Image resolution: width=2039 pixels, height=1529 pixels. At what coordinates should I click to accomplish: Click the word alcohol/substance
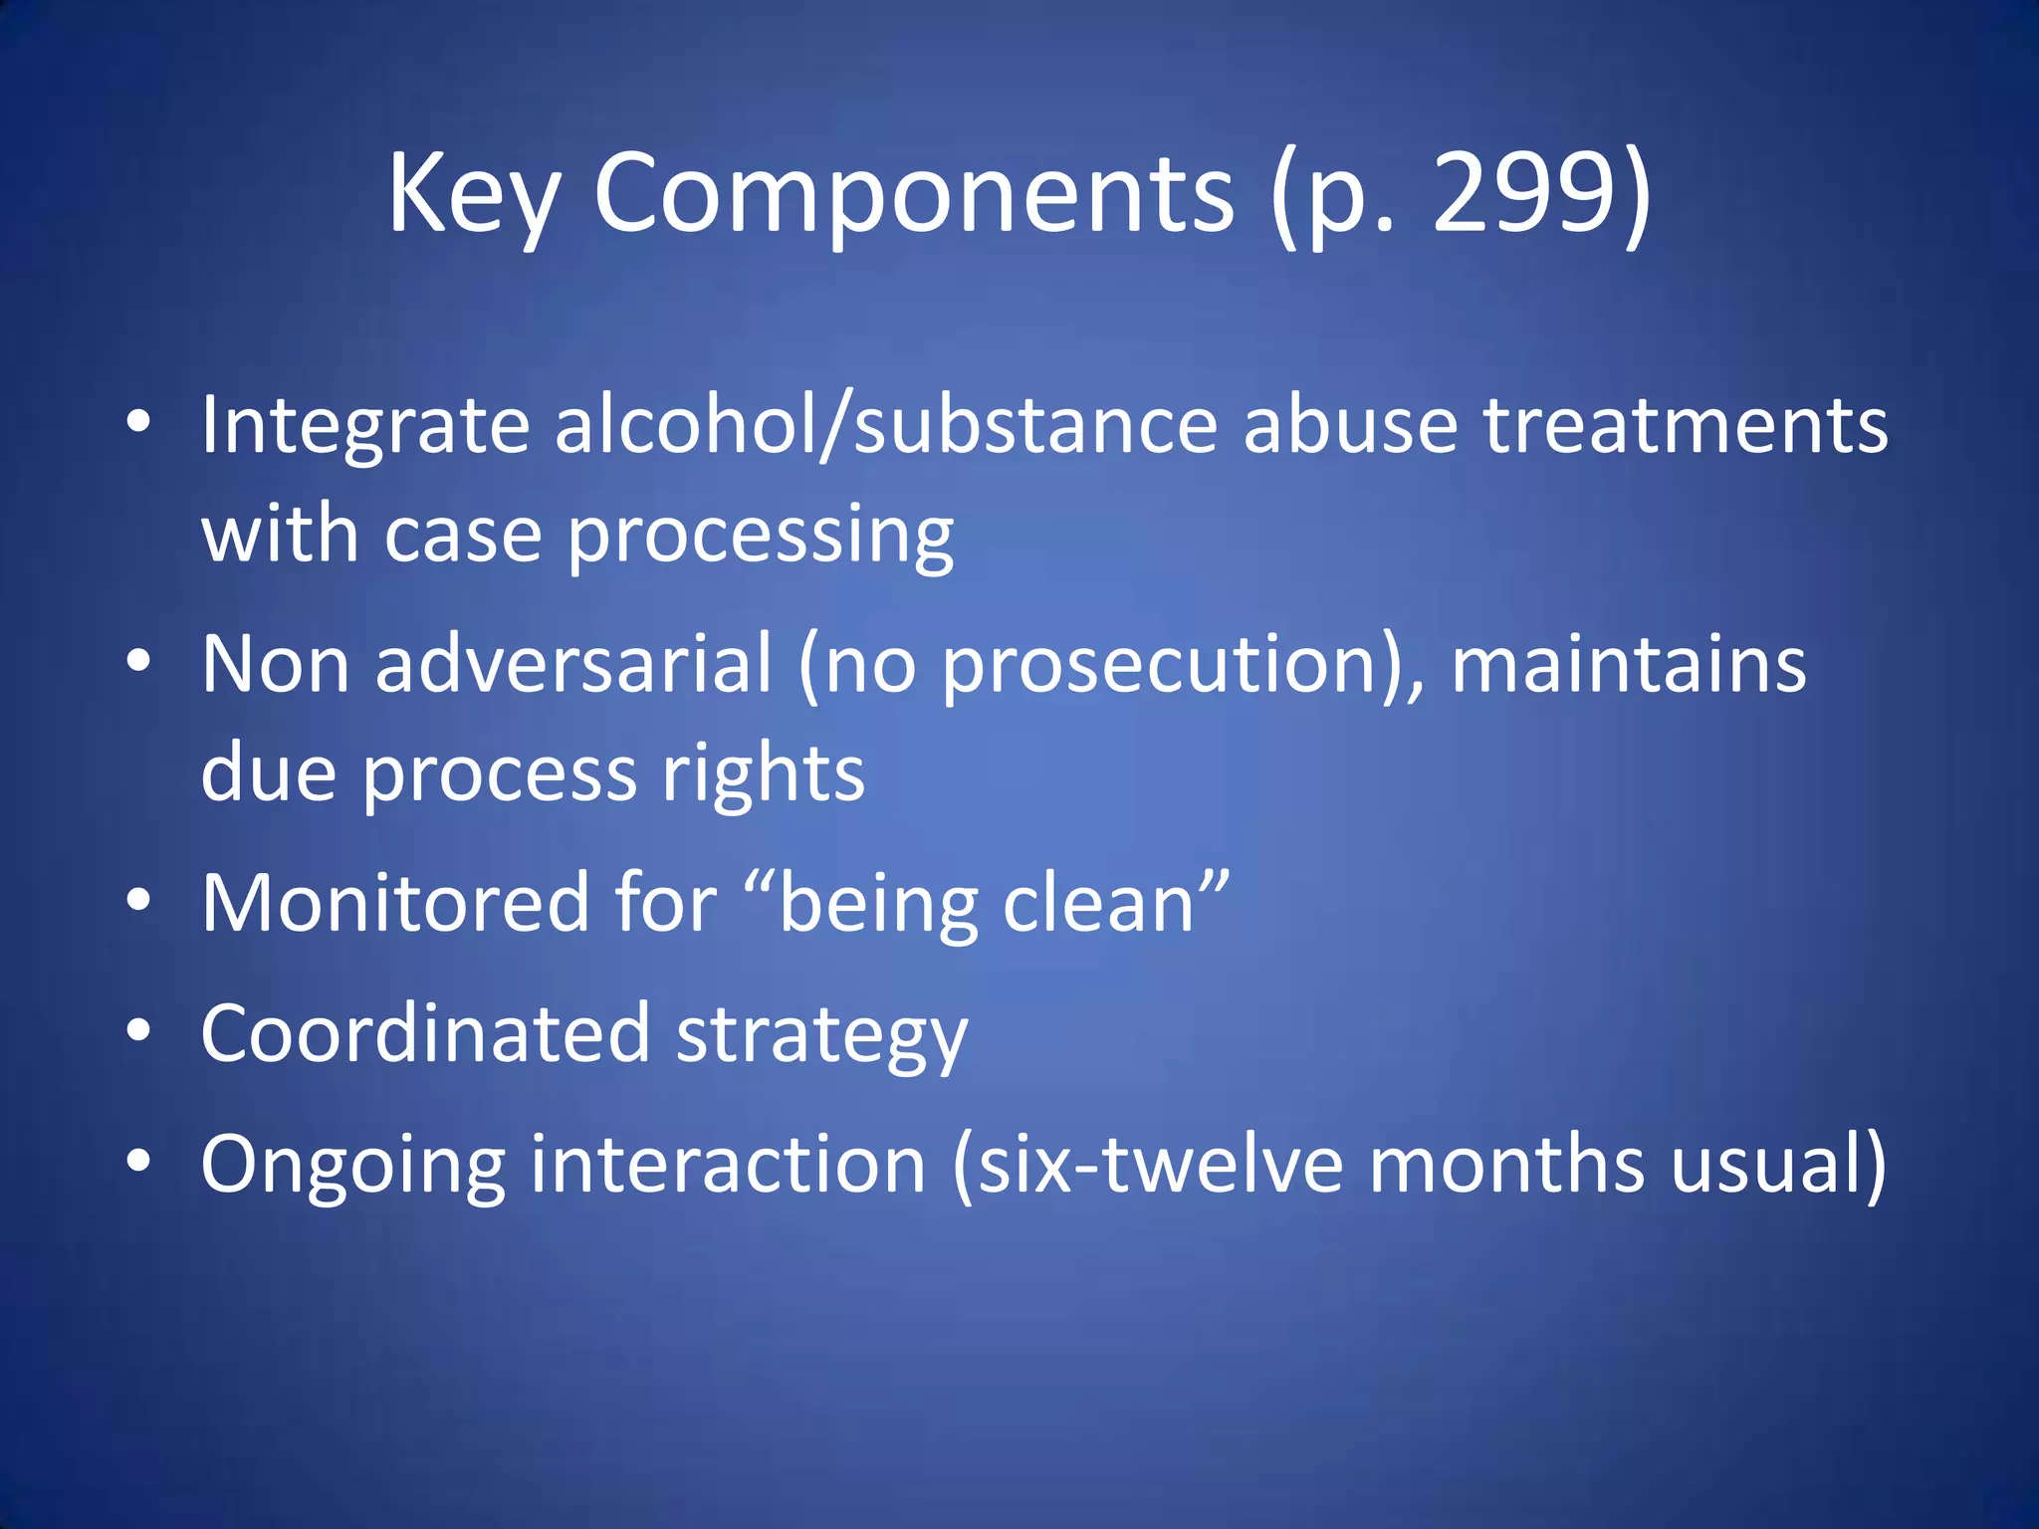[x=886, y=425]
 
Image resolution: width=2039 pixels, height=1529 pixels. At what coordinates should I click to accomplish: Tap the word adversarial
[x=573, y=664]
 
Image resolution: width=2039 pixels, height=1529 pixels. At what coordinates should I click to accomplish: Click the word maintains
[x=1629, y=664]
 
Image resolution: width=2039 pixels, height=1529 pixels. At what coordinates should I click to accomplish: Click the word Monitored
[x=395, y=903]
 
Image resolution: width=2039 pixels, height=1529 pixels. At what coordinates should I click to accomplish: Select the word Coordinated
[x=425, y=1033]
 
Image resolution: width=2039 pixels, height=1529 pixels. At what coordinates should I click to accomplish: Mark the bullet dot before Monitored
[x=138, y=902]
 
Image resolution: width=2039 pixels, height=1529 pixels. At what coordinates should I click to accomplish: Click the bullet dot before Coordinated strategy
[x=138, y=1032]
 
